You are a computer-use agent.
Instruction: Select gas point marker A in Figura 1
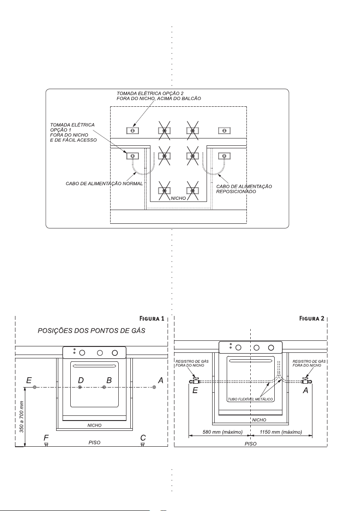[x=154, y=387]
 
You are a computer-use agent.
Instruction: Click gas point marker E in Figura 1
[x=35, y=387]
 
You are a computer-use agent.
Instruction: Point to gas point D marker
[x=80, y=387]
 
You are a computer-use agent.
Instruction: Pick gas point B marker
[x=104, y=387]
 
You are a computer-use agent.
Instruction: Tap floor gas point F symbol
[x=46, y=444]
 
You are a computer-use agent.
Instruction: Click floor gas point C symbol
[x=143, y=444]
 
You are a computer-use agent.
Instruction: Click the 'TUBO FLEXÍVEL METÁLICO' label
[x=251, y=399]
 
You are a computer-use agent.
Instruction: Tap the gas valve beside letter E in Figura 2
[x=196, y=381]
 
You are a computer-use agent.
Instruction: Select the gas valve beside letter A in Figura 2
[x=305, y=381]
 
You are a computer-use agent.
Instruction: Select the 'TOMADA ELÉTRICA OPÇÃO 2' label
[x=147, y=93]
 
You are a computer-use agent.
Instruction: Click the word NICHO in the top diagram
[x=179, y=199]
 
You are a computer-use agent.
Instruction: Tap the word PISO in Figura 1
[x=94, y=442]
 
